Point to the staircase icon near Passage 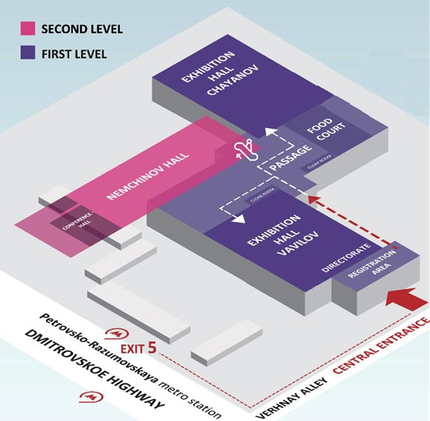[244, 151]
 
